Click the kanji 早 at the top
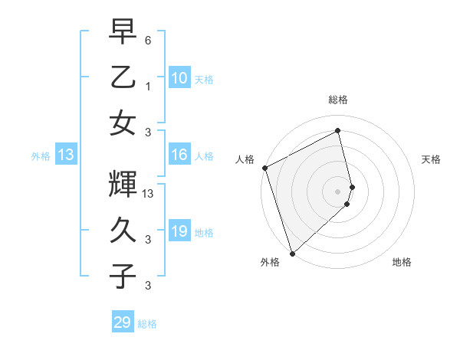pyautogui.click(x=123, y=33)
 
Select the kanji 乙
pyautogui.click(x=123, y=77)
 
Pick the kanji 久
pyautogui.click(x=123, y=229)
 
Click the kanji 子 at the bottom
pyautogui.click(x=123, y=275)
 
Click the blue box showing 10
pyautogui.click(x=179, y=77)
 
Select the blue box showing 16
pyautogui.click(x=179, y=155)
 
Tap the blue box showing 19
pyautogui.click(x=179, y=231)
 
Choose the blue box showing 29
pyautogui.click(x=123, y=322)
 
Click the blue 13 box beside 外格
pyautogui.click(x=66, y=155)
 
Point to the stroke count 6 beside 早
pyautogui.click(x=147, y=40)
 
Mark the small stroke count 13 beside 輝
pyautogui.click(x=149, y=195)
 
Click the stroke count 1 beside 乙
pyautogui.click(x=147, y=87)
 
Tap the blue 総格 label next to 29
pyautogui.click(x=148, y=324)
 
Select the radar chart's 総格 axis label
pyautogui.click(x=338, y=100)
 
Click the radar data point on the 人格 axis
pyautogui.click(x=264, y=168)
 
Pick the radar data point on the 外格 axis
pyautogui.click(x=292, y=252)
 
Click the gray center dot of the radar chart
pyautogui.click(x=337, y=191)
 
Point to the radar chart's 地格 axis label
pyautogui.click(x=402, y=263)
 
